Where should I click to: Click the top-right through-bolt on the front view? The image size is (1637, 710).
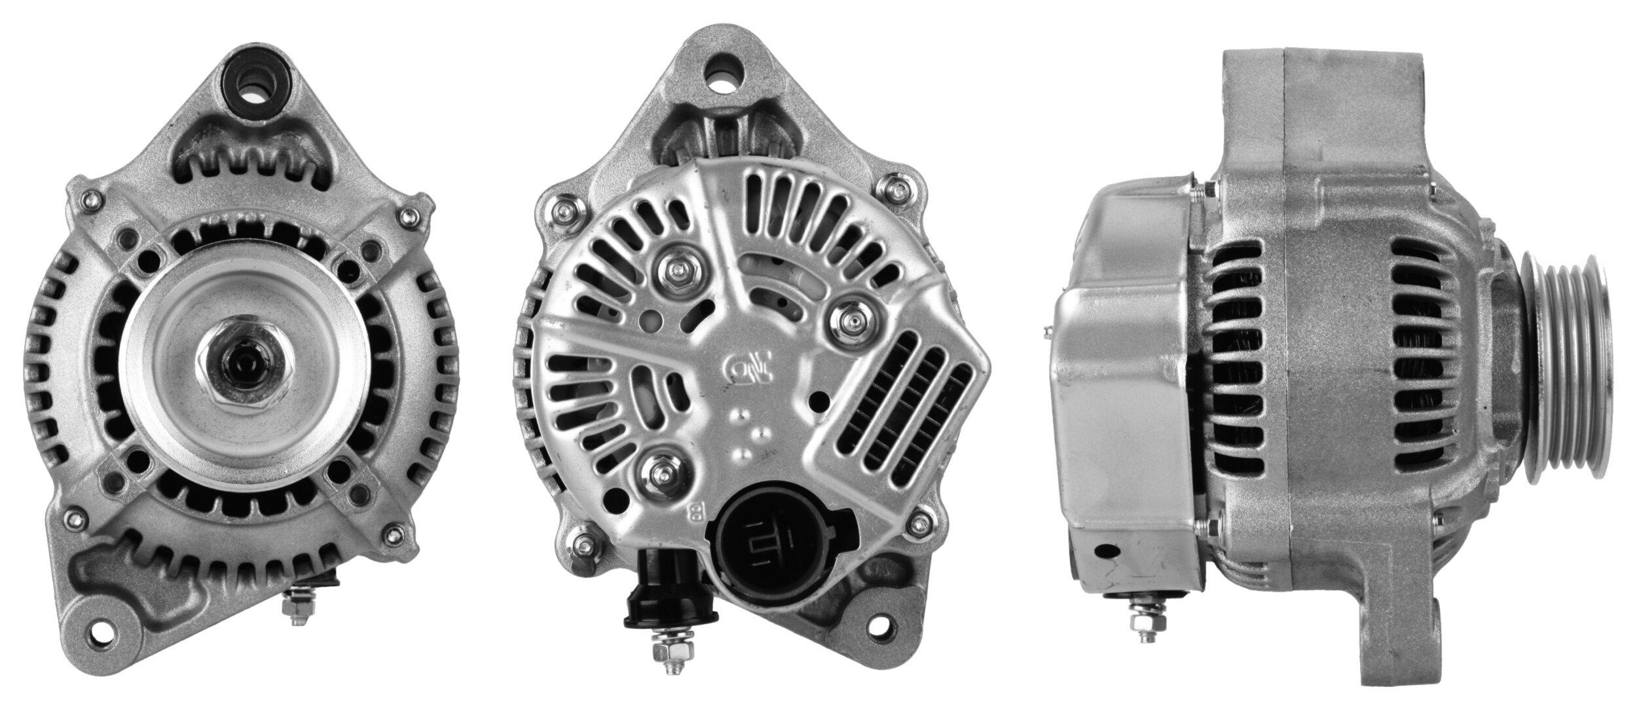(x=411, y=215)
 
